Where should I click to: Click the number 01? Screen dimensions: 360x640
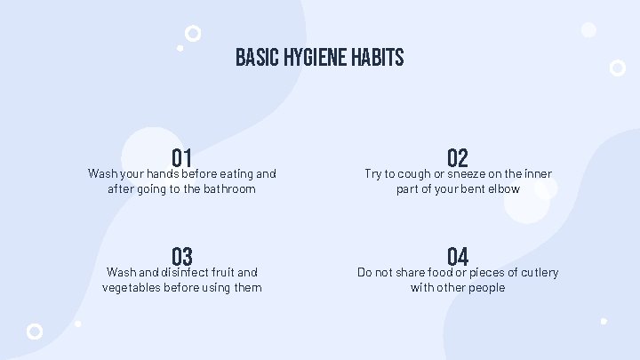pos(182,159)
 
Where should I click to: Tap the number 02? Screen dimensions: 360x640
pos(458,159)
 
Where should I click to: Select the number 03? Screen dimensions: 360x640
pos(182,258)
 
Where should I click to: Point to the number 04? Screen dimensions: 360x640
pos(458,258)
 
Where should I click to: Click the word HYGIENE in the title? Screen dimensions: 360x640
pos(306,59)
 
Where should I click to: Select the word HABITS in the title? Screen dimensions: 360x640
pos(376,59)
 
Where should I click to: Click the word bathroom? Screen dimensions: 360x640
pos(227,188)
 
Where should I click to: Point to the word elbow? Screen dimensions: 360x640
pos(502,188)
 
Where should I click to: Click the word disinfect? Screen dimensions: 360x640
pos(186,272)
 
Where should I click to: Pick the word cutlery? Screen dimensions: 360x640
pos(537,272)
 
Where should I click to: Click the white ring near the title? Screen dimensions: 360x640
pos(192,34)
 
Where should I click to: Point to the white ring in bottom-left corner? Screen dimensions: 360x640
pos(35,331)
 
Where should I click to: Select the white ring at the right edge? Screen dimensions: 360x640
pos(617,67)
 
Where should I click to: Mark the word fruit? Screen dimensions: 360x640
pos(227,272)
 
